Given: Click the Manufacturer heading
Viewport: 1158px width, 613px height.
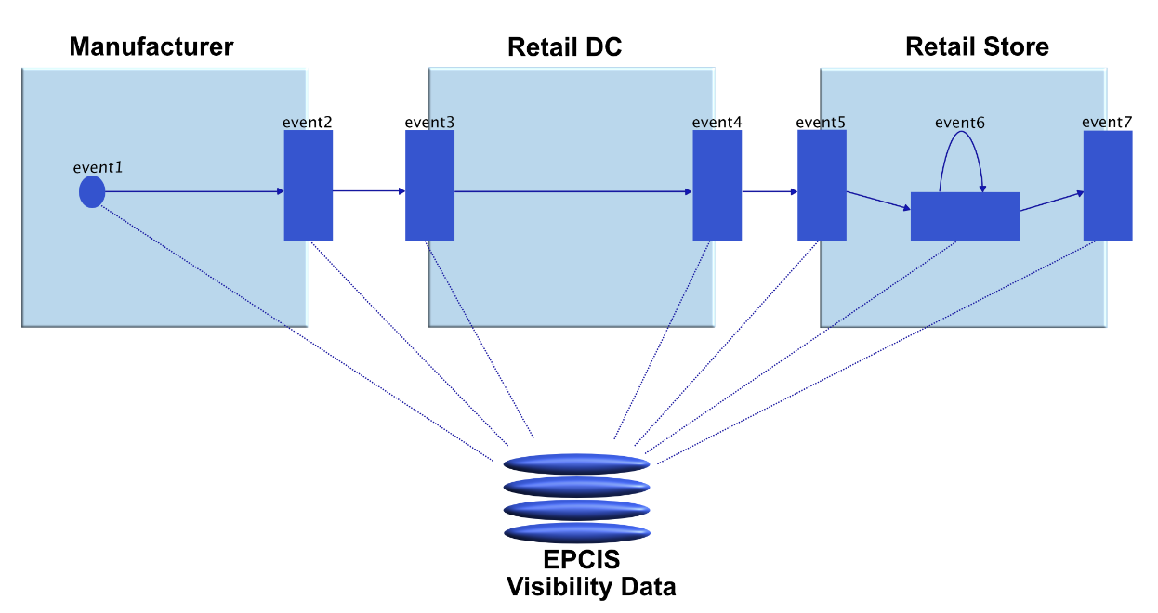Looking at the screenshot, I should pyautogui.click(x=151, y=46).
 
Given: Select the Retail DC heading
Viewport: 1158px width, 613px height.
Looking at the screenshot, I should pyautogui.click(x=564, y=47).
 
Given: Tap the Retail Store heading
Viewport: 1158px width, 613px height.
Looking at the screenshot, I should pyautogui.click(x=977, y=46).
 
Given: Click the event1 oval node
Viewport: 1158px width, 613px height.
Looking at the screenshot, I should pyautogui.click(x=91, y=192).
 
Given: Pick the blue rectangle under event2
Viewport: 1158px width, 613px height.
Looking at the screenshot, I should pyautogui.click(x=309, y=185).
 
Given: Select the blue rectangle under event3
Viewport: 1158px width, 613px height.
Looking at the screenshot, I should pyautogui.click(x=429, y=185).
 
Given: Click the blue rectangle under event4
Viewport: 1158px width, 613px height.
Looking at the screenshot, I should pyautogui.click(x=717, y=185).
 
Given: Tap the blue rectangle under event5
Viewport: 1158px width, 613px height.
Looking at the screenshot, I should pyautogui.click(x=822, y=185).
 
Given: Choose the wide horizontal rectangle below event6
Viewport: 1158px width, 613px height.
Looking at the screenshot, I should pyautogui.click(x=965, y=216).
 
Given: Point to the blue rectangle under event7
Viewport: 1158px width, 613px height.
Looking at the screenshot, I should pyautogui.click(x=1108, y=185).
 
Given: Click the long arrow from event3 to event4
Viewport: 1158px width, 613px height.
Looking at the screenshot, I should pyautogui.click(x=572, y=192).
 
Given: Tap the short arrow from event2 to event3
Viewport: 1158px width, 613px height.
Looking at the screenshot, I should pyautogui.click(x=369, y=191).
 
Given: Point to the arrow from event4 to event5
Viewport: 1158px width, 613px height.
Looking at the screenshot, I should pyautogui.click(x=770, y=192).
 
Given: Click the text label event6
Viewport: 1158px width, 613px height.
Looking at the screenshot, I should pyautogui.click(x=960, y=122).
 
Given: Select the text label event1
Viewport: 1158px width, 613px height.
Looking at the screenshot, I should pyautogui.click(x=98, y=167).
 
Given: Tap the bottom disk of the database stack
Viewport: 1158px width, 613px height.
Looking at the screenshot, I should pyautogui.click(x=576, y=533).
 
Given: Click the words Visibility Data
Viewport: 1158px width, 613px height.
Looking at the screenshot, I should pyautogui.click(x=590, y=587).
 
